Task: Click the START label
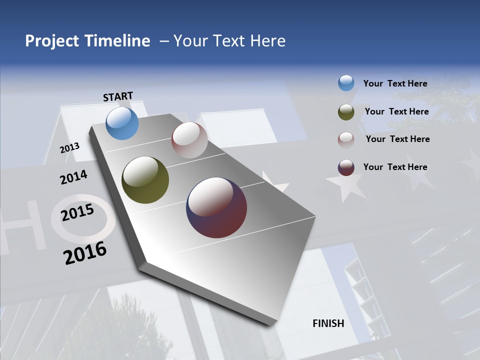[x=118, y=96]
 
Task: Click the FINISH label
[x=328, y=323]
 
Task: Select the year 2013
[x=70, y=147]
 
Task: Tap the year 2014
[x=73, y=177]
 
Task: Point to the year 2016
[x=85, y=252]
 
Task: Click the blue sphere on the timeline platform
[x=122, y=123]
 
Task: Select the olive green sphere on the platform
[x=145, y=180]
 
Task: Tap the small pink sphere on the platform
[x=189, y=140]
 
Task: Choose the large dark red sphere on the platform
[x=216, y=207]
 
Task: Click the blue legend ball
[x=346, y=83]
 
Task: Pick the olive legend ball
[x=346, y=112]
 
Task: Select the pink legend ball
[x=346, y=140]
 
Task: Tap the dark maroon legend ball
[x=346, y=167]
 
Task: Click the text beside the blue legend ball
[x=395, y=83]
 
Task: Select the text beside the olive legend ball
[x=396, y=111]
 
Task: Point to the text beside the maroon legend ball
[x=395, y=167]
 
